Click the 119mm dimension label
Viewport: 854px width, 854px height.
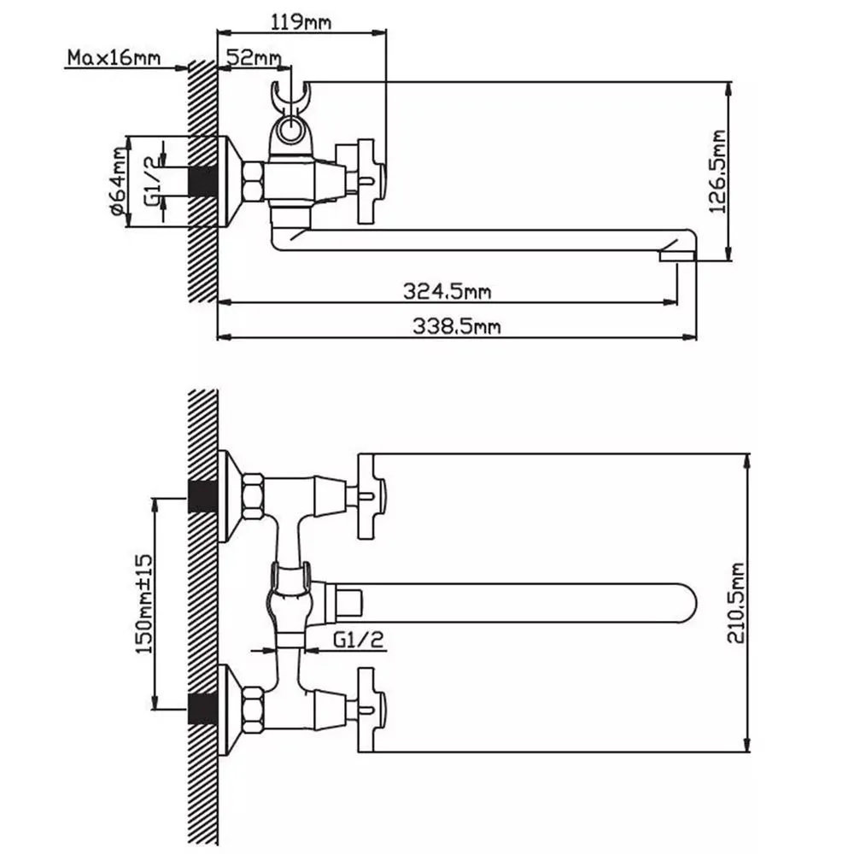(x=301, y=22)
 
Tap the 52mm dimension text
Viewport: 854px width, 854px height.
(x=254, y=57)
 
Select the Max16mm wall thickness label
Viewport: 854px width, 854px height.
(x=114, y=57)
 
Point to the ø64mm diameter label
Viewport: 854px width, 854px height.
(x=119, y=181)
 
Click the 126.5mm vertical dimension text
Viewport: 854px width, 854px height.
(x=717, y=173)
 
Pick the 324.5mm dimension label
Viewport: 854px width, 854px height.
(x=447, y=291)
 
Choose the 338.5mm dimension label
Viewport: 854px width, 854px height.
(x=456, y=326)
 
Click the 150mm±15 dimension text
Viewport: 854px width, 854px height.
(x=143, y=604)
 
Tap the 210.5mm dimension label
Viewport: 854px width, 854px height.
(x=736, y=603)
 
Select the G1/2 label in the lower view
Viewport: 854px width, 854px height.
(x=359, y=640)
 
